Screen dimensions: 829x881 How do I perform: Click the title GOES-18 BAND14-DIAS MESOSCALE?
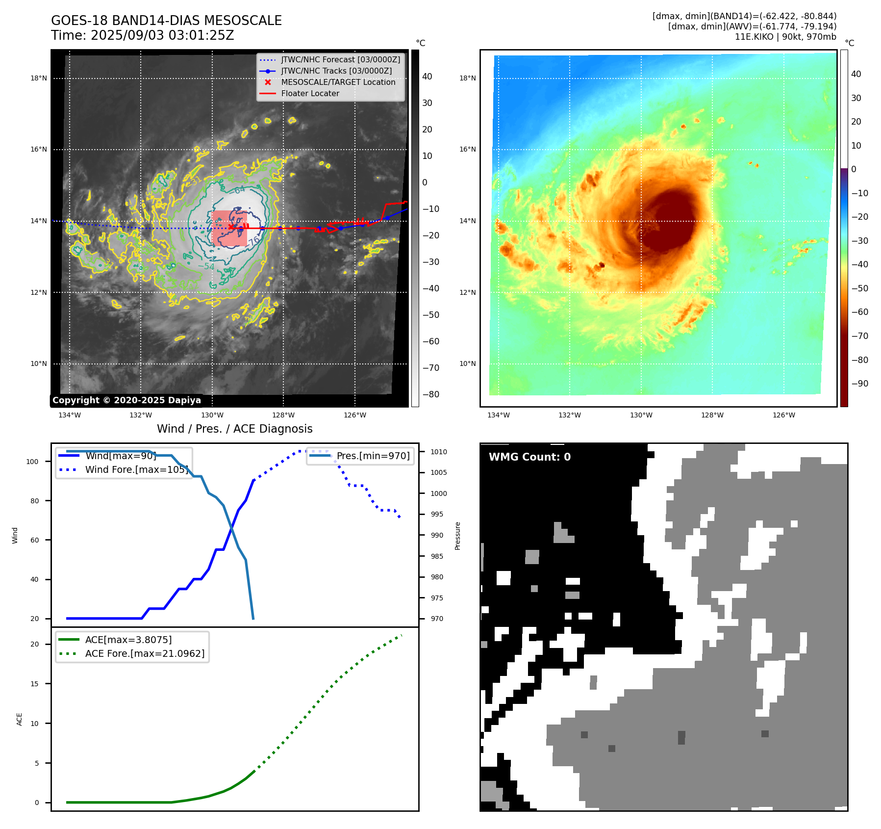[166, 21]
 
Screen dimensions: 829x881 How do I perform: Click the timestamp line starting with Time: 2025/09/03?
[142, 35]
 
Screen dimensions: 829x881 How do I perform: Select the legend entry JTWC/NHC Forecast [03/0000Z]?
[340, 59]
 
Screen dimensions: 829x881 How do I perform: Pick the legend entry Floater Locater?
[310, 93]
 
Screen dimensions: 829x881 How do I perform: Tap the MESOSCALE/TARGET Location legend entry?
[338, 82]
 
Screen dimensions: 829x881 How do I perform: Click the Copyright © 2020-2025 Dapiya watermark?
[126, 400]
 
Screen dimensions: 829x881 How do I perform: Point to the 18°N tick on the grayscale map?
[39, 78]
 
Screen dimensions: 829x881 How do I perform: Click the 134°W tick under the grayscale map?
[70, 415]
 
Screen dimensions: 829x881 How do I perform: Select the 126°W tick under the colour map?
[783, 415]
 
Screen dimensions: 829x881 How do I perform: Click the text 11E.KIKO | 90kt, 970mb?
[785, 37]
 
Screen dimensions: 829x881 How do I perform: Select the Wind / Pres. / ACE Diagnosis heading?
[234, 429]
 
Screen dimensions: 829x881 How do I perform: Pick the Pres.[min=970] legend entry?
[373, 456]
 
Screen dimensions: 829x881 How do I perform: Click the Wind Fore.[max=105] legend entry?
[136, 469]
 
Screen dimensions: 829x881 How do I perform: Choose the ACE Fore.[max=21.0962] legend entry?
[145, 653]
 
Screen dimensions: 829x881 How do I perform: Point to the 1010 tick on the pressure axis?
[439, 452]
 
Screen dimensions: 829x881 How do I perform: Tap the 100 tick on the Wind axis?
[32, 462]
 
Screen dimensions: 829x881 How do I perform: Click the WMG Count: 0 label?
[529, 457]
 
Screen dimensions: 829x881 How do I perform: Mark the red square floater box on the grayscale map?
[229, 229]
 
